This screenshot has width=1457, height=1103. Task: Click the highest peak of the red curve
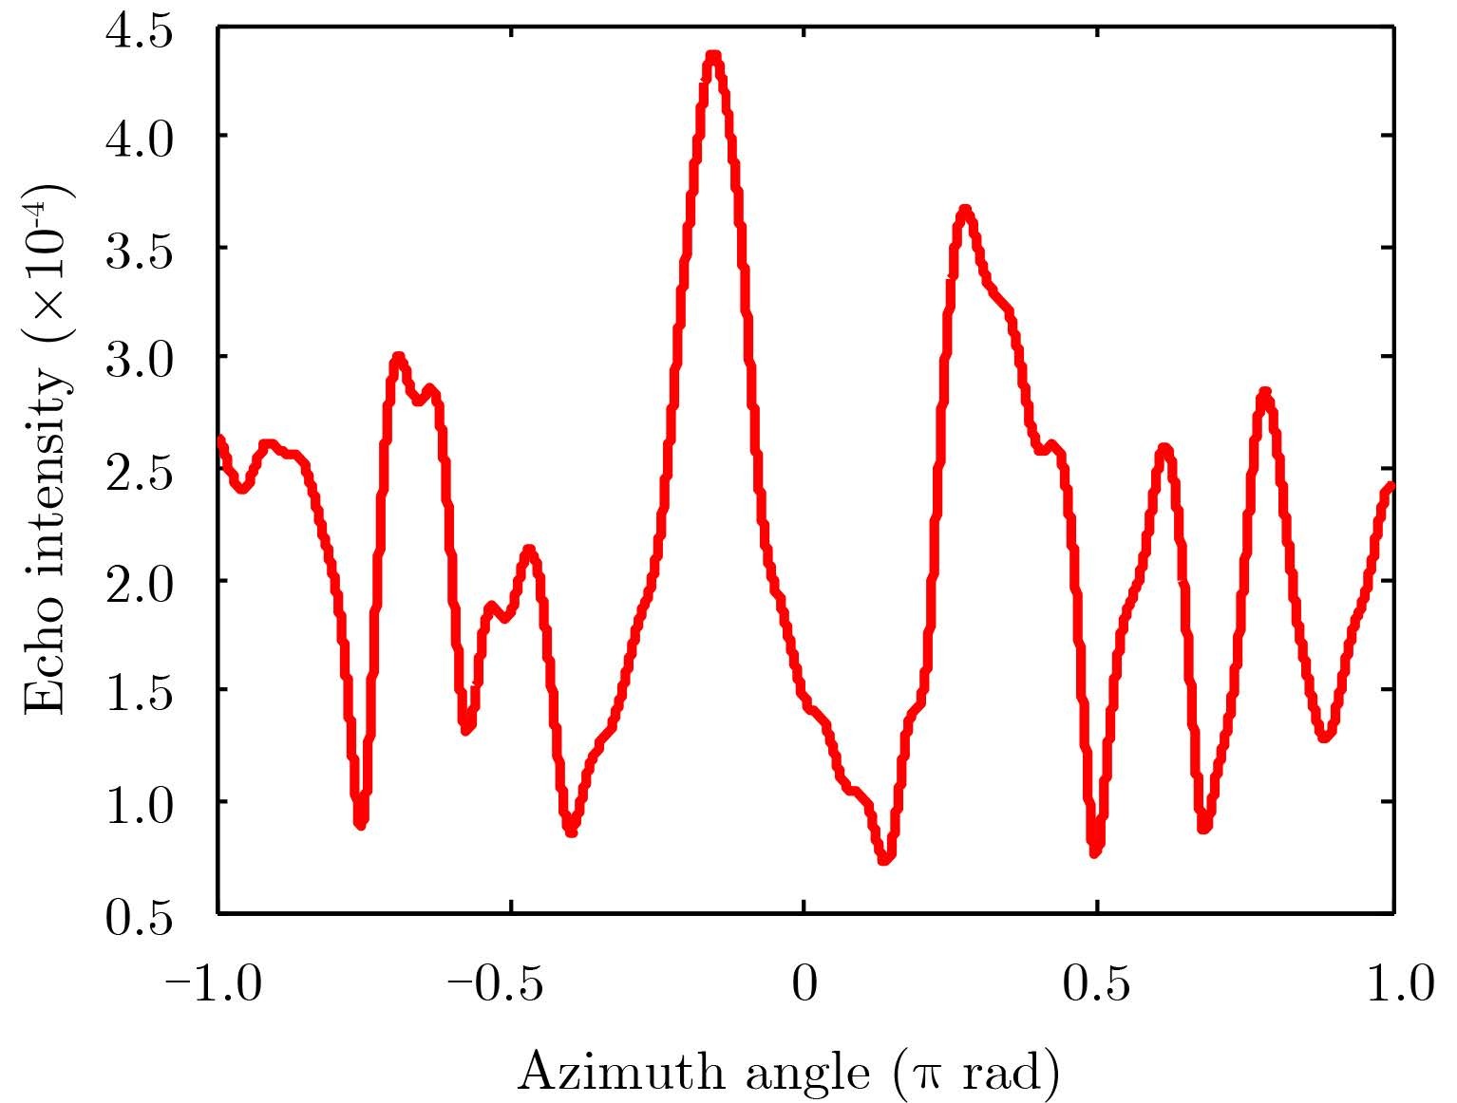click(x=713, y=57)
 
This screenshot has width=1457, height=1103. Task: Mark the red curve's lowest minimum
click(x=885, y=858)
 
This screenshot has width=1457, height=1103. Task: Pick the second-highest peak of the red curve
click(x=965, y=210)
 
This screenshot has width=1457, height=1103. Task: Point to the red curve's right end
click(x=1391, y=487)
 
